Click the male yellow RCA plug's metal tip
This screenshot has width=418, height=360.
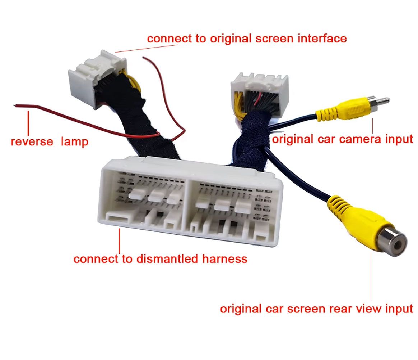click(x=383, y=100)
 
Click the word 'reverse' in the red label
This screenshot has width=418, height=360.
click(x=32, y=141)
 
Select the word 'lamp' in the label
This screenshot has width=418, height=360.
click(x=74, y=141)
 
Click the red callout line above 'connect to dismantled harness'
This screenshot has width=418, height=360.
click(x=120, y=241)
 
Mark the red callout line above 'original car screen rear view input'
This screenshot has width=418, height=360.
click(x=371, y=277)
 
